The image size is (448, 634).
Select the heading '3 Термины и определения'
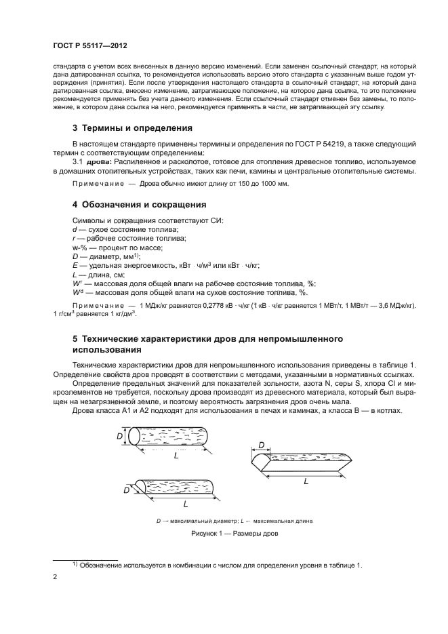tap(132, 127)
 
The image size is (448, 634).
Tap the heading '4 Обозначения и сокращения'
tap(139, 204)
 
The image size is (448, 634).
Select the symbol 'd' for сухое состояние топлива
tap(75, 231)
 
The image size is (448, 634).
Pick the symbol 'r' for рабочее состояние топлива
tap(74, 239)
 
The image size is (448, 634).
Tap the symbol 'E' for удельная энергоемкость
tap(75, 266)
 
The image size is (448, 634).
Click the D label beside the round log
tap(120, 437)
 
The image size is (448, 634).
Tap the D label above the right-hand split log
tap(261, 445)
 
